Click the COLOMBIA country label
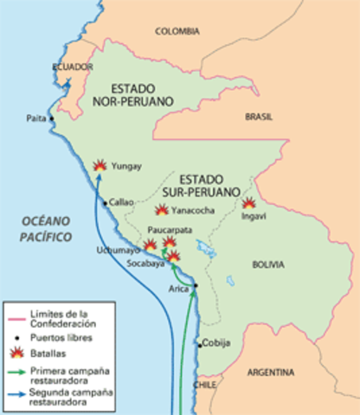pos(176,31)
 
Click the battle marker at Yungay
pos(100,164)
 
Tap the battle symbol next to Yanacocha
pos(162,210)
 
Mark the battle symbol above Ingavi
pos(248,203)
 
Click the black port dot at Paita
pos(52,118)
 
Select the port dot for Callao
pos(106,202)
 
